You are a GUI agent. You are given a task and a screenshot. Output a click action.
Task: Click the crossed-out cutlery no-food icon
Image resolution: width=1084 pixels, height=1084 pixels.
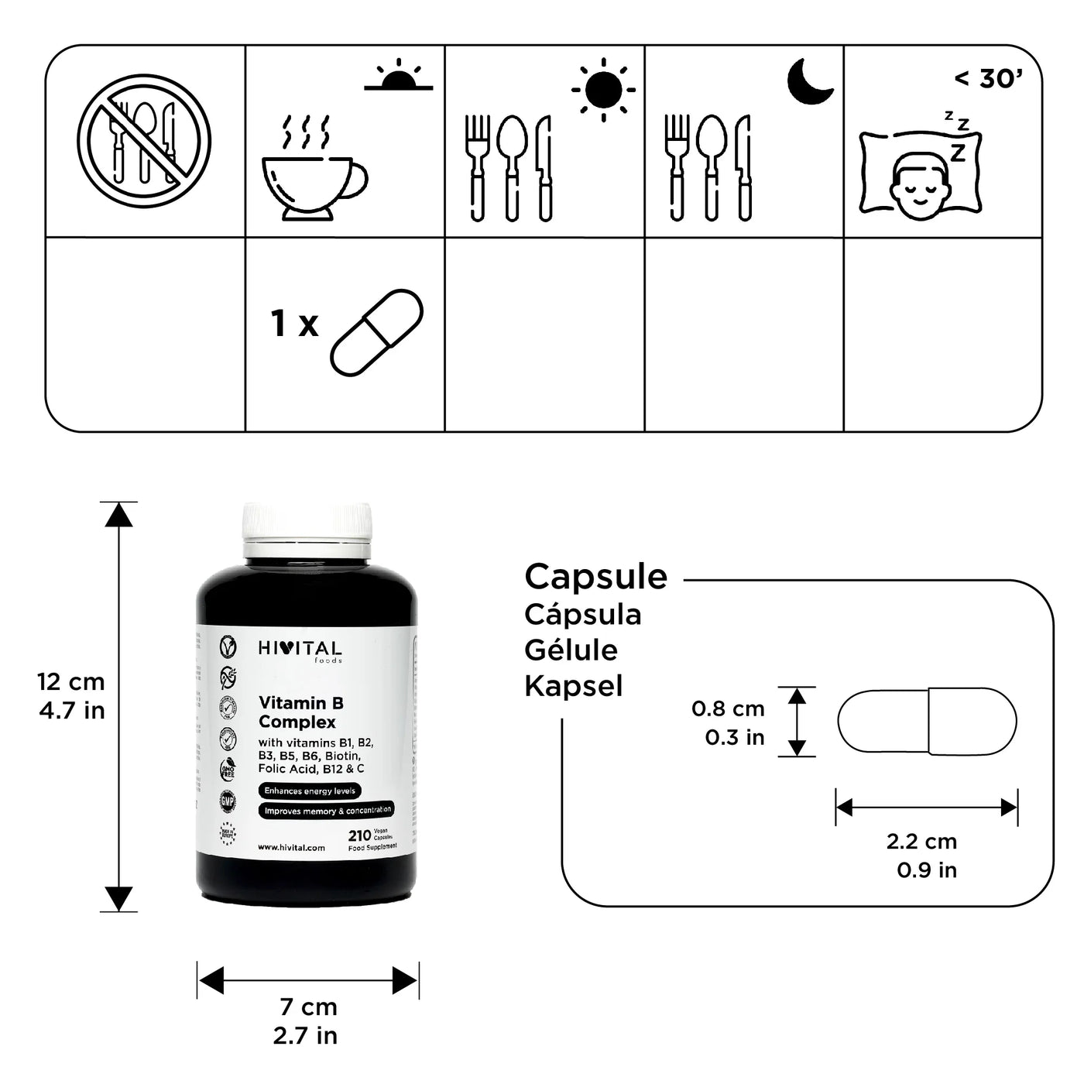click(144, 141)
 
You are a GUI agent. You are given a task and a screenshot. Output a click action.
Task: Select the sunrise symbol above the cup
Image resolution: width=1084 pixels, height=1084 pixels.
click(398, 76)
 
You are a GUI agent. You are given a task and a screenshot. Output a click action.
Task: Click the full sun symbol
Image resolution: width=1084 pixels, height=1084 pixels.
click(603, 90)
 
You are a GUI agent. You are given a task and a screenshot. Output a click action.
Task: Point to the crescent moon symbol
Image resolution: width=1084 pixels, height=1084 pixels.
click(809, 81)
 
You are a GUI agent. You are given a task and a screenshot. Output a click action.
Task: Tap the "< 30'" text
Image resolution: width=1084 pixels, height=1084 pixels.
click(989, 78)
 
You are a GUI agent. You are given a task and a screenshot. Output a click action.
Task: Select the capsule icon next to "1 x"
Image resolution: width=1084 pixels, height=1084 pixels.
click(376, 332)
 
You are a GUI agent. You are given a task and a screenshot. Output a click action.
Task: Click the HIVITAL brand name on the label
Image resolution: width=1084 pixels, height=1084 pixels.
click(300, 649)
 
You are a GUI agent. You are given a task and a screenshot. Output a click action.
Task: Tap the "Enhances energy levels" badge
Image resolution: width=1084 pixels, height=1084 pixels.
click(310, 791)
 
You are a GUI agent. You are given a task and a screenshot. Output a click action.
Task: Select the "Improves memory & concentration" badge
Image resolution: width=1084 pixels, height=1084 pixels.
click(327, 811)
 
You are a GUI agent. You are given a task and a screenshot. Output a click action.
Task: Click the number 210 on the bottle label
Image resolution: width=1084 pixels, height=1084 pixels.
click(359, 835)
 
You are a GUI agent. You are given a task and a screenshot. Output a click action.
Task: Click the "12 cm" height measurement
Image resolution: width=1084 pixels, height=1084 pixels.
click(70, 682)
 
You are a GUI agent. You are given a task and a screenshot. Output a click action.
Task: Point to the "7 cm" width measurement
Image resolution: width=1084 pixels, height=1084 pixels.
click(308, 1007)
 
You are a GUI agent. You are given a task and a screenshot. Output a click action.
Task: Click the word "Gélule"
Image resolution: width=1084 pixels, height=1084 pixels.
click(571, 650)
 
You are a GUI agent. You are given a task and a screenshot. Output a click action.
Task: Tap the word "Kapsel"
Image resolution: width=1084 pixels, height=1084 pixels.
click(573, 686)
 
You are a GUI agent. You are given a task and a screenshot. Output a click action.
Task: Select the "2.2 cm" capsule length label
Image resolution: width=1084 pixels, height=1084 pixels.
click(921, 842)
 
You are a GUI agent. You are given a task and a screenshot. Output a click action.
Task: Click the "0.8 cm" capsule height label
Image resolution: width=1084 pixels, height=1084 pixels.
click(728, 708)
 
